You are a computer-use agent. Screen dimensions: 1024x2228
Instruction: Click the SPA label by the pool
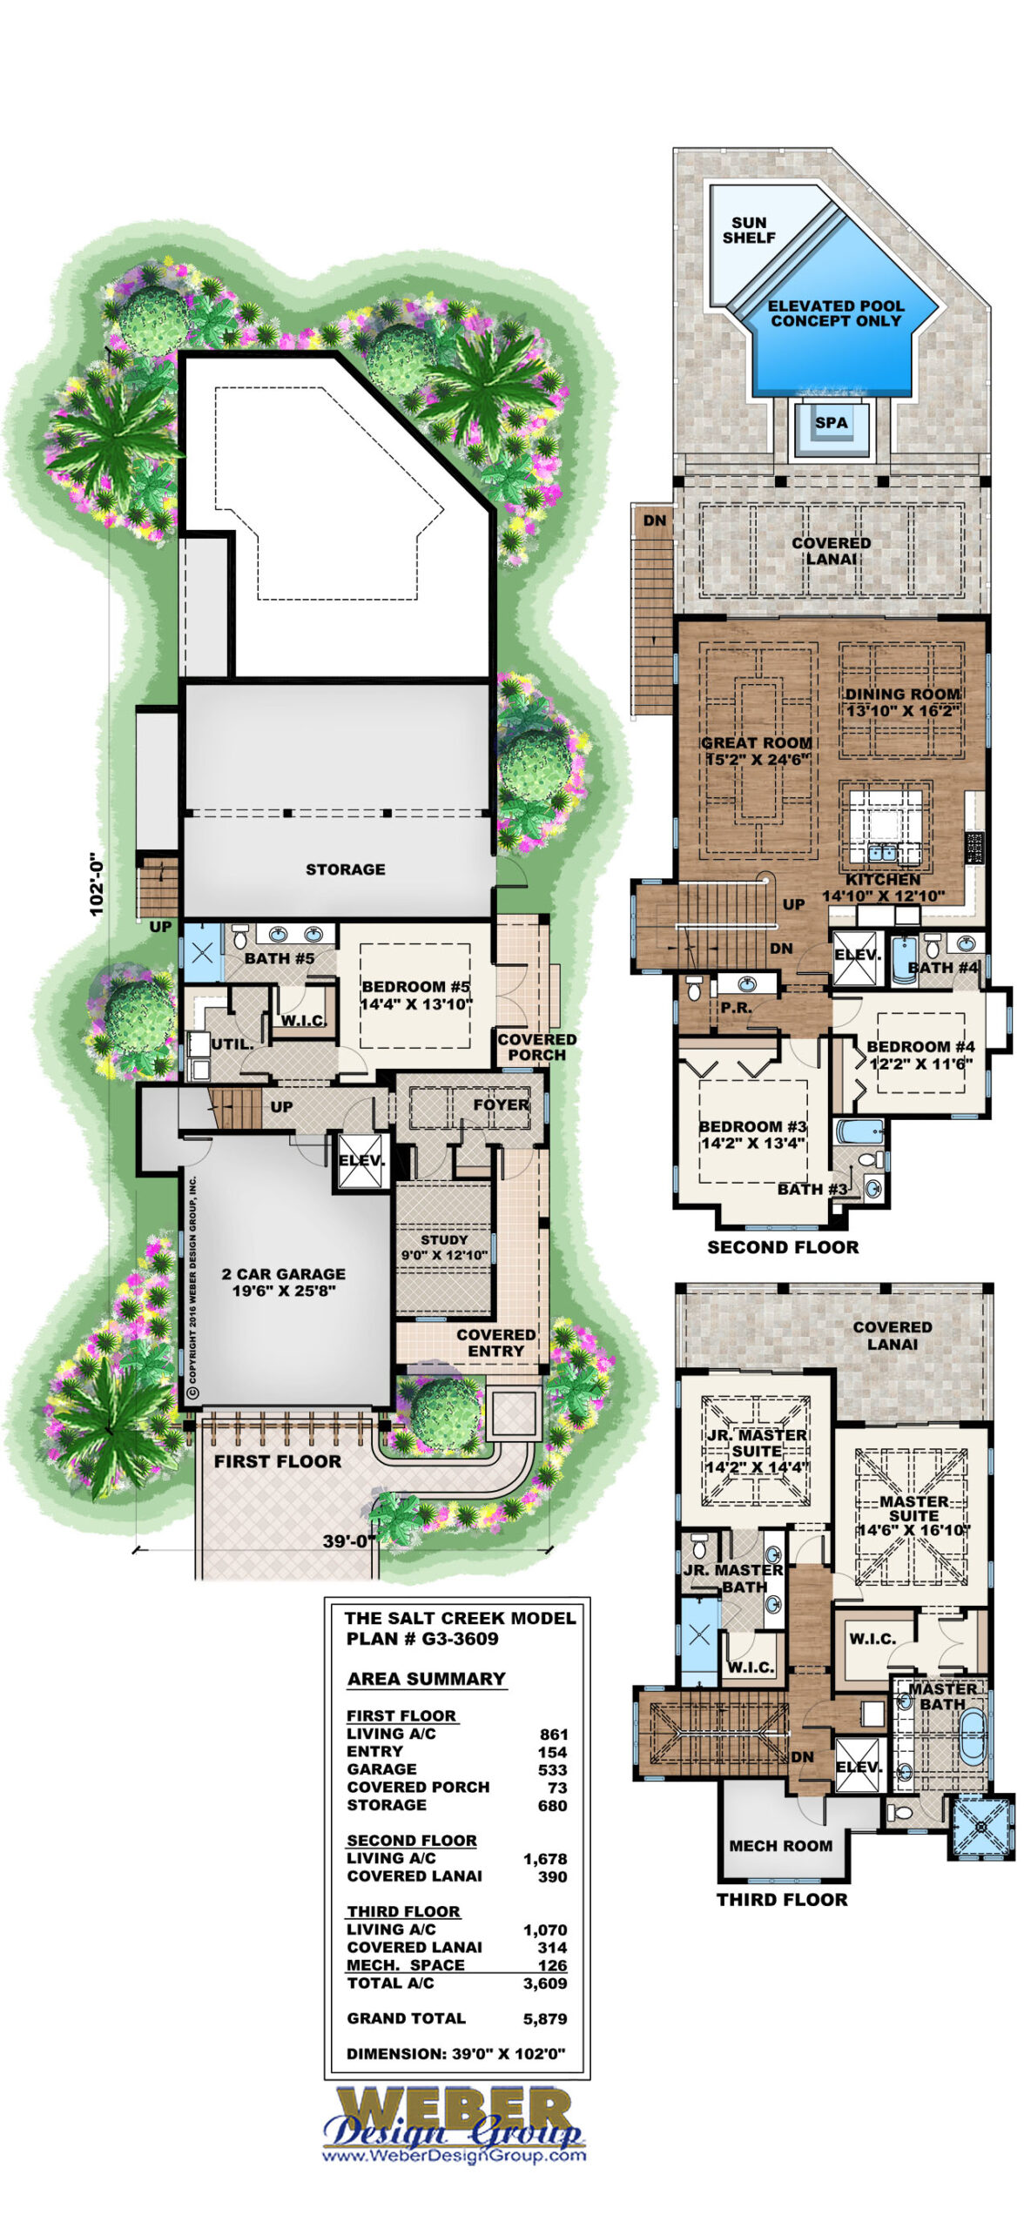pyautogui.click(x=831, y=422)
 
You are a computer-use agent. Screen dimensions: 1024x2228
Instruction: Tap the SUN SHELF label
pyautogui.click(x=749, y=230)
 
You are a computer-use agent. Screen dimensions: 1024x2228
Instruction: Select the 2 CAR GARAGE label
pyautogui.click(x=283, y=1274)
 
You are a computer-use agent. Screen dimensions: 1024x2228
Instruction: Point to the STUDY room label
pyautogui.click(x=444, y=1239)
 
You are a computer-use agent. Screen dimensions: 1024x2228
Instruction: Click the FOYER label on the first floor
pyautogui.click(x=501, y=1104)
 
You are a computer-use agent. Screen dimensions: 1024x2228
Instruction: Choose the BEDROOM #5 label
pyautogui.click(x=415, y=987)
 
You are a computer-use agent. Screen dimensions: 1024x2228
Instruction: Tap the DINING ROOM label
pyautogui.click(x=903, y=694)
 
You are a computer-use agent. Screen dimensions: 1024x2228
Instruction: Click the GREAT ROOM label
pyautogui.click(x=756, y=742)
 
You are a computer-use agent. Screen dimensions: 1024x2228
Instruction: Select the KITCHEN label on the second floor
pyautogui.click(x=882, y=880)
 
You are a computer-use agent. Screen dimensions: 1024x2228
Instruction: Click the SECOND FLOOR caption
pyautogui.click(x=783, y=1247)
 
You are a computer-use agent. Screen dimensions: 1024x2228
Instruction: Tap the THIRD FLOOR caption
pyautogui.click(x=782, y=1900)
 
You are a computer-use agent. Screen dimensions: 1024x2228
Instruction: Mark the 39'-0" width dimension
pyautogui.click(x=349, y=1540)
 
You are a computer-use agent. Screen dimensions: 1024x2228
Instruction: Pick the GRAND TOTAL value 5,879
pyautogui.click(x=546, y=2018)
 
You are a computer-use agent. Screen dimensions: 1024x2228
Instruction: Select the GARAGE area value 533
pyautogui.click(x=552, y=1769)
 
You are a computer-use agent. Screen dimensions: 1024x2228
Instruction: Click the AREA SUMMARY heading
pyautogui.click(x=427, y=1679)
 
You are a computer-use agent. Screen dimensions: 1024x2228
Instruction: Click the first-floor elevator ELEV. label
pyautogui.click(x=361, y=1160)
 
